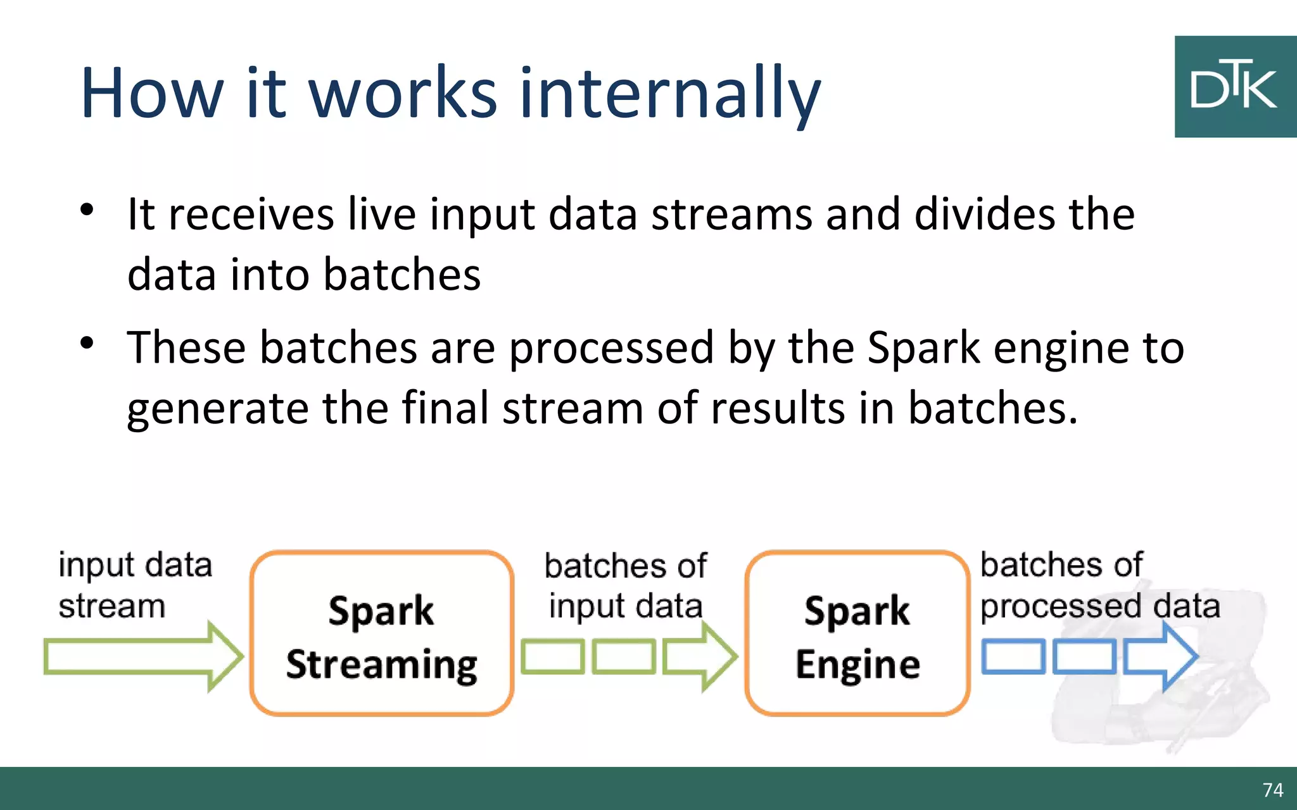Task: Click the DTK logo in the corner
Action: point(1235,87)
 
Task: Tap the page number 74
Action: point(1272,790)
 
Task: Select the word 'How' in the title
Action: point(152,94)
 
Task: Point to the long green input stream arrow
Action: point(142,657)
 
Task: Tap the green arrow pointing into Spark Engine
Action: point(700,657)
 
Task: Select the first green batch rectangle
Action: point(552,657)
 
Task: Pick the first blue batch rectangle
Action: point(1013,657)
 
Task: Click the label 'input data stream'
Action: point(134,585)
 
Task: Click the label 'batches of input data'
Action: point(626,585)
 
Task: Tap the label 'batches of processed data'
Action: point(1099,585)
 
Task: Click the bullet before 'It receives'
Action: point(87,209)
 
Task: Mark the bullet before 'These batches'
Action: point(87,344)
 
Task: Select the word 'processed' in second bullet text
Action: point(611,348)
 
